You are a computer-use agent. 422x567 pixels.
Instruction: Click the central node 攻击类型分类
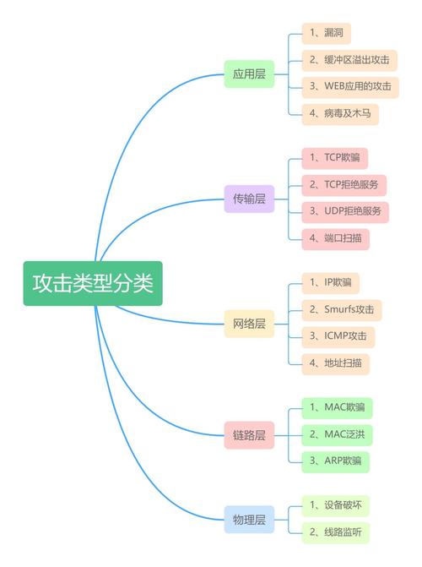[x=93, y=283]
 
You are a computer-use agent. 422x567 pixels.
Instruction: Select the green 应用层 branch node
[x=249, y=74]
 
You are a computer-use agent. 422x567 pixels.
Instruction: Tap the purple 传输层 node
[x=249, y=199]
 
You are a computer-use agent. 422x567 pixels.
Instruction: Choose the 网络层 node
[x=249, y=324]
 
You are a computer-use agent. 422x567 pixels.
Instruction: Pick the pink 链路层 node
[x=249, y=435]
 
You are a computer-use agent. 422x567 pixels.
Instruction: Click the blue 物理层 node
[x=249, y=520]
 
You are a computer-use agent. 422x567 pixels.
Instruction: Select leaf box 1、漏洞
[x=327, y=33]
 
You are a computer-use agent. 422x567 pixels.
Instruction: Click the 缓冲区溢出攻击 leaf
[x=349, y=60]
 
